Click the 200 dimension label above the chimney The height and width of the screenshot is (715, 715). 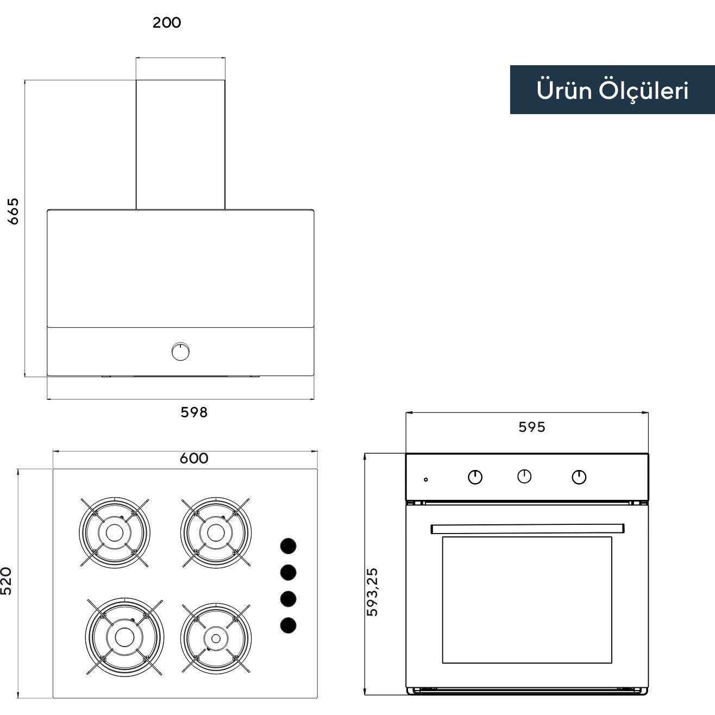[x=167, y=23]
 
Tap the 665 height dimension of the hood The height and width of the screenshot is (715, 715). [x=14, y=211]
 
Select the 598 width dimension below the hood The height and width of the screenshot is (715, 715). [x=194, y=412]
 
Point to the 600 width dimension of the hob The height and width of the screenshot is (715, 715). [x=194, y=458]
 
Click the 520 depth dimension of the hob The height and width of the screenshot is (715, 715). [x=7, y=581]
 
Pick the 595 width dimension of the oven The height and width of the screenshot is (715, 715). [x=532, y=427]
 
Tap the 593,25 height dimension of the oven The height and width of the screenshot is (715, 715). [x=372, y=592]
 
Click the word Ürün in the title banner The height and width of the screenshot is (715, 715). [x=564, y=90]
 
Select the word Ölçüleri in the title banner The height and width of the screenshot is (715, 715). [x=644, y=91]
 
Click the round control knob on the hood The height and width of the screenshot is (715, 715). [x=181, y=352]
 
